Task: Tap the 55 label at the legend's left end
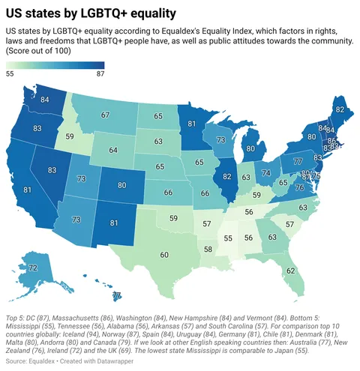point(10,73)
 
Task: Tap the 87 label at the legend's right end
point(100,73)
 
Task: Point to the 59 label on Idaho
point(69,137)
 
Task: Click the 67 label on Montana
point(106,116)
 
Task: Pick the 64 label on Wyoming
point(113,150)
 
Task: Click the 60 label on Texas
point(163,255)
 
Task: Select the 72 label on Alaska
point(33,268)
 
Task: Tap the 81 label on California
point(27,190)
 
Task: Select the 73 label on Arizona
point(76,220)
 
